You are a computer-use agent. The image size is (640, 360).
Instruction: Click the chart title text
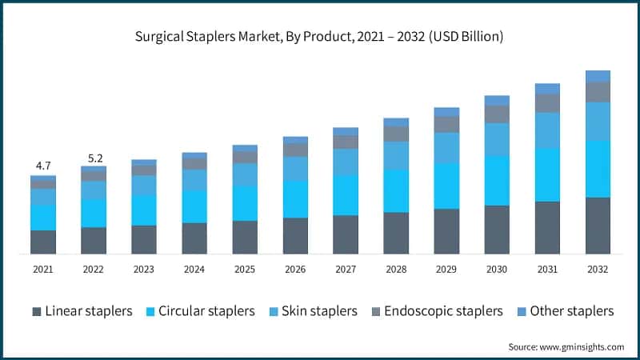tap(320, 37)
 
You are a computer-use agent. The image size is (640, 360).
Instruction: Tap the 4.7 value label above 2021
tap(43, 166)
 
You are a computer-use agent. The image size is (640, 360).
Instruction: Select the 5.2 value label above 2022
tap(94, 157)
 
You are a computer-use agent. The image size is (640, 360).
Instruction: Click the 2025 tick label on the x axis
tap(245, 270)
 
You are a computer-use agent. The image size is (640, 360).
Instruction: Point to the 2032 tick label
tap(598, 270)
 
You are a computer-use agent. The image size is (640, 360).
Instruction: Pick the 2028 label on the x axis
tap(396, 270)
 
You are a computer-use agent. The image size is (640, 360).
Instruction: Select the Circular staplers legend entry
tap(206, 311)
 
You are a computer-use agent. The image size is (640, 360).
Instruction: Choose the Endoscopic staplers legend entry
tap(443, 311)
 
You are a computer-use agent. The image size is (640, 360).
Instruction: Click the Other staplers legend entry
tap(571, 311)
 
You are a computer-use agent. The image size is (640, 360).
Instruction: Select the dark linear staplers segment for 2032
tap(598, 226)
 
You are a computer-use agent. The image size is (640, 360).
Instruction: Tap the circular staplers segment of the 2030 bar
tap(497, 180)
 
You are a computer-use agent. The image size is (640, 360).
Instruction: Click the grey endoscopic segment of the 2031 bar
tap(547, 103)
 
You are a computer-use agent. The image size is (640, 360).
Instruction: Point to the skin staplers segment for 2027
tap(346, 162)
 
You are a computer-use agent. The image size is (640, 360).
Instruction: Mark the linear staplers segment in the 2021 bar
tap(43, 242)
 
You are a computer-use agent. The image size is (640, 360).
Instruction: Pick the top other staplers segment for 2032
tap(598, 76)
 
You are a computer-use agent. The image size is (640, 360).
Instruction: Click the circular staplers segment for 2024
tap(194, 206)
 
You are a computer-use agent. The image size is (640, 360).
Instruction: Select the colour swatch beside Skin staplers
tap(272, 311)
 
